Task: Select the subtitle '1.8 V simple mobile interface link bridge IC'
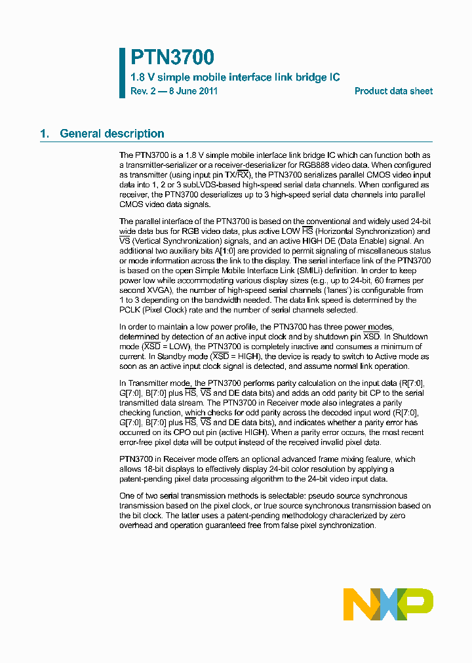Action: pos(235,77)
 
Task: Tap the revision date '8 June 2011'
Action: pos(193,91)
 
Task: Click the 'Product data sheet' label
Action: pos(393,91)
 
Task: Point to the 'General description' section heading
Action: pos(111,134)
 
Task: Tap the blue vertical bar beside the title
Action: pos(122,73)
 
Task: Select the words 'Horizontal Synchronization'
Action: pos(366,231)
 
